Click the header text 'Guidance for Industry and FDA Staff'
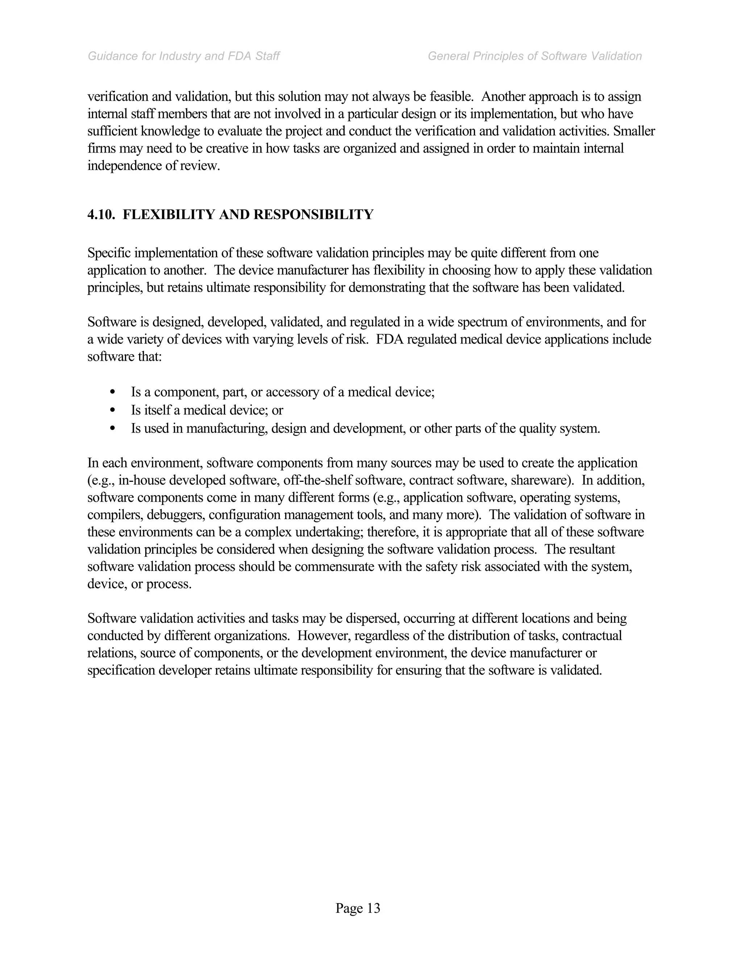pos(184,56)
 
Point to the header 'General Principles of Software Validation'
pos(534,56)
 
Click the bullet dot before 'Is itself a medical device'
pos(113,410)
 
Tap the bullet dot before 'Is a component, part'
pos(113,392)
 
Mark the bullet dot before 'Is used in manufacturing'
pos(113,428)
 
